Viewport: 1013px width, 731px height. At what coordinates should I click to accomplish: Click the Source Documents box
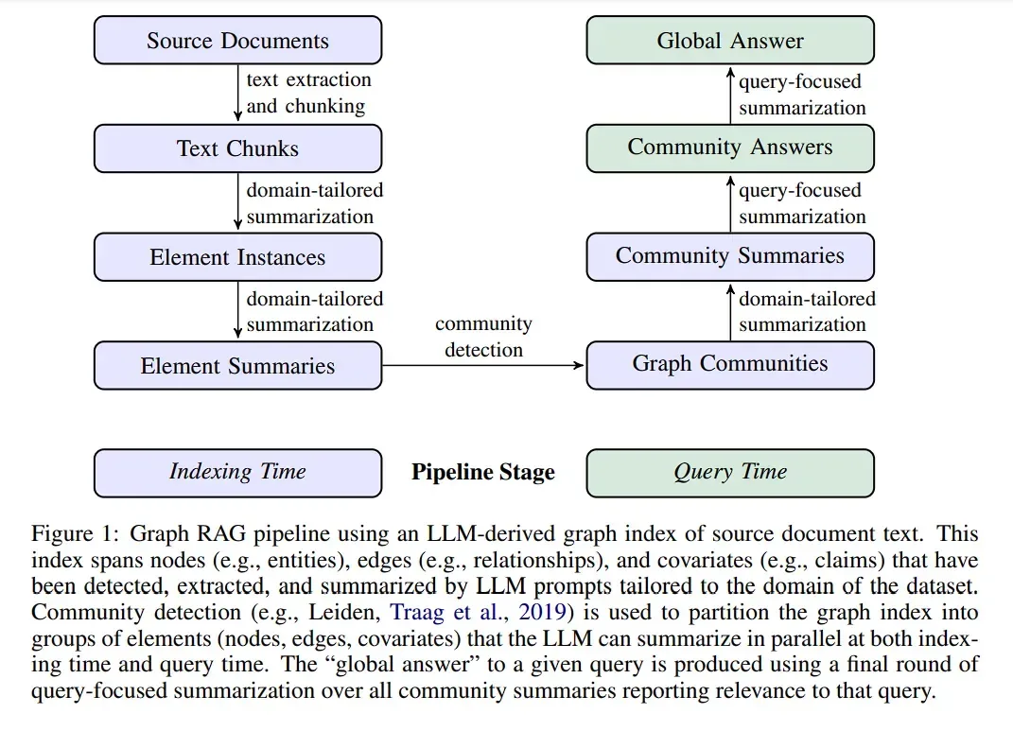point(237,40)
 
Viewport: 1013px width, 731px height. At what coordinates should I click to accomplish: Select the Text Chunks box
point(237,148)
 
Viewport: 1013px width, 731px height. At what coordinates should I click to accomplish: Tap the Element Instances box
point(237,257)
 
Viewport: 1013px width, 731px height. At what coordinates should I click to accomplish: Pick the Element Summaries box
point(237,365)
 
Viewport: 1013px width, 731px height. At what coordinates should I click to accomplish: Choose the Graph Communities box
point(730,365)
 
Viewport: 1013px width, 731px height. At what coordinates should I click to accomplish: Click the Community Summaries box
point(730,257)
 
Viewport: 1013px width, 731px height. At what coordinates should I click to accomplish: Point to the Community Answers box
point(730,148)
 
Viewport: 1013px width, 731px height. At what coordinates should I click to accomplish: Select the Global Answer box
point(730,40)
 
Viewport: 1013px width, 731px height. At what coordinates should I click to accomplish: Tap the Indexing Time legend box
point(237,474)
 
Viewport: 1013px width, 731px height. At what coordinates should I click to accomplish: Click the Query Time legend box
point(730,474)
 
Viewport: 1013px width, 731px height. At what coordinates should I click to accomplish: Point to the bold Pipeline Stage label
point(483,472)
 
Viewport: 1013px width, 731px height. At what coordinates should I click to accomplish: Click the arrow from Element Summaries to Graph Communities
point(483,365)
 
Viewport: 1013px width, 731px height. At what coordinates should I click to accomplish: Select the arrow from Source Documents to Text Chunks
point(237,93)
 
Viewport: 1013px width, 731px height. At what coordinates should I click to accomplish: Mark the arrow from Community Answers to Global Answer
point(730,95)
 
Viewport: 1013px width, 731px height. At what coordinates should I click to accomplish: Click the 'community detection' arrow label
point(483,337)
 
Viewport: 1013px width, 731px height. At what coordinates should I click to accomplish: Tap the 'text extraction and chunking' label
point(308,93)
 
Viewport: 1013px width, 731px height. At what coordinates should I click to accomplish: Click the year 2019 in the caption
point(541,612)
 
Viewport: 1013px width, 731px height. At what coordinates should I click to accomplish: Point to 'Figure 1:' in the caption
point(75,533)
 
